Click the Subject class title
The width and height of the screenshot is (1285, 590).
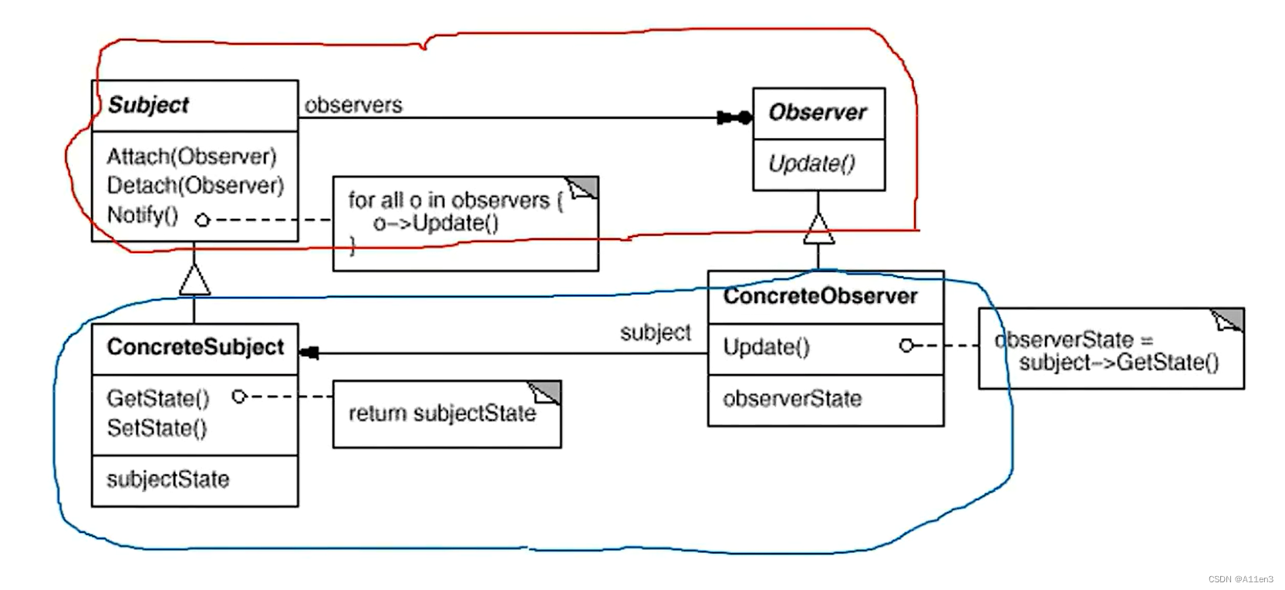pyautogui.click(x=148, y=105)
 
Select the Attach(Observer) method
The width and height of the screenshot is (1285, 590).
pyautogui.click(x=191, y=157)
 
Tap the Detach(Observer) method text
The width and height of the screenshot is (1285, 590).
pyautogui.click(x=195, y=186)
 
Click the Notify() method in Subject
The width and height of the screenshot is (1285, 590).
pyautogui.click(x=143, y=215)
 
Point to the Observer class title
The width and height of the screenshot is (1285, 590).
pyautogui.click(x=818, y=113)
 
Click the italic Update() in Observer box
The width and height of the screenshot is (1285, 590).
pyautogui.click(x=811, y=164)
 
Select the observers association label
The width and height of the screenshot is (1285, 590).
pyautogui.click(x=353, y=105)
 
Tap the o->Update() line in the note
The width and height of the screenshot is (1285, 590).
pyautogui.click(x=436, y=224)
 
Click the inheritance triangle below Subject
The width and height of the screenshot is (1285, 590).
pyautogui.click(x=194, y=279)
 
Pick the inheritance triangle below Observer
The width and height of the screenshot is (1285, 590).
pyautogui.click(x=818, y=228)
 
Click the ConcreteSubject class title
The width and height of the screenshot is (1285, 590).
pyautogui.click(x=195, y=348)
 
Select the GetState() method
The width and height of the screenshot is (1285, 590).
pyautogui.click(x=158, y=399)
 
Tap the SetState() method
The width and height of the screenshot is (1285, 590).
pyautogui.click(x=157, y=428)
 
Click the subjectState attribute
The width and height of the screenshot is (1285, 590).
pyautogui.click(x=167, y=480)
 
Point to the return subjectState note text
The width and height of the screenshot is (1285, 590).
pyautogui.click(x=442, y=414)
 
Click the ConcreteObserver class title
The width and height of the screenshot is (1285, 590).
pyautogui.click(x=820, y=296)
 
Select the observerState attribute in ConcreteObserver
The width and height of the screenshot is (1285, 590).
pyautogui.click(x=792, y=399)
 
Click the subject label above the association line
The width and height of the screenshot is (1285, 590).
pyautogui.click(x=656, y=332)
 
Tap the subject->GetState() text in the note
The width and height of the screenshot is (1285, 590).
pyautogui.click(x=1118, y=362)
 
